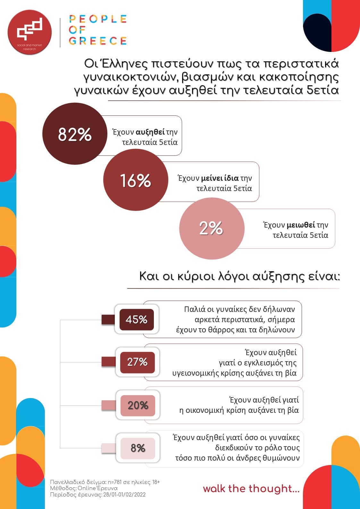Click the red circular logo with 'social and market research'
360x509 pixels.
tap(29, 32)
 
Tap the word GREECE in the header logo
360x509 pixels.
tap(98, 41)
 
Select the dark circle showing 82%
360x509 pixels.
tap(75, 134)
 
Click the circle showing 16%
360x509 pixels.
tap(135, 180)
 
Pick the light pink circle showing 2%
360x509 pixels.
tap(211, 228)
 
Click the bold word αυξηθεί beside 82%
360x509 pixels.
tap(150, 132)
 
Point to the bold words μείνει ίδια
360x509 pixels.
tap(220, 178)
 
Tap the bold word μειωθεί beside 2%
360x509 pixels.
tap(301, 225)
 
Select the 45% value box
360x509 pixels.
tap(137, 320)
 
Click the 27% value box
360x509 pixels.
tap(137, 362)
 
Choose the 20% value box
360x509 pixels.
tap(138, 405)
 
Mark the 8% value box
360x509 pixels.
tap(138, 448)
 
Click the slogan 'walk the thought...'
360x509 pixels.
tap(251, 488)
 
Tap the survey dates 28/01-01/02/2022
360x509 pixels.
tap(124, 495)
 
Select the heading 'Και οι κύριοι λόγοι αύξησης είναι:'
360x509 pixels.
tap(239, 276)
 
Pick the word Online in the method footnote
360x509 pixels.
tap(87, 488)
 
